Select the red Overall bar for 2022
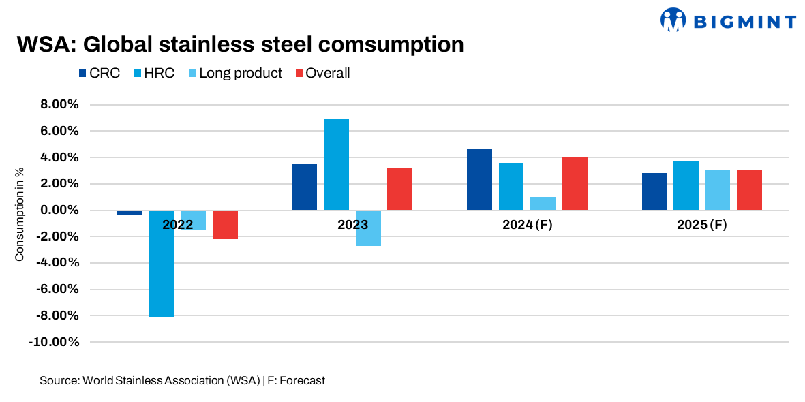tap(225, 225)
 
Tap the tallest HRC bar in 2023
tap(336, 164)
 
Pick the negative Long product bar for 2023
tap(368, 228)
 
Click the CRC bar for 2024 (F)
tap(479, 179)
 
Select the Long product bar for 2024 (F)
tap(543, 203)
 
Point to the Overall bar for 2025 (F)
tap(749, 190)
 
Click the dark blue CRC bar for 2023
tap(305, 187)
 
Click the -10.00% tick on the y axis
tap(55, 342)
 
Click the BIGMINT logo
tap(728, 20)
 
